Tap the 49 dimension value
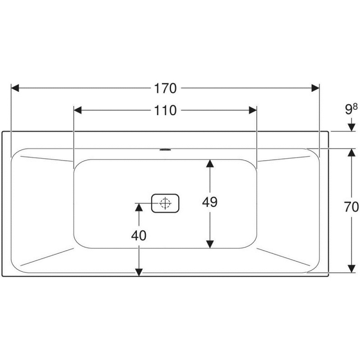209,202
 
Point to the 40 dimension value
139,236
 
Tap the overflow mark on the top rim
165,149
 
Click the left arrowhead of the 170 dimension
15,88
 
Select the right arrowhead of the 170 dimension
315,88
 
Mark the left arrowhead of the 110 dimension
78,110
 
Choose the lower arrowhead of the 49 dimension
210,244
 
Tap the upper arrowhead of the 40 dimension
139,207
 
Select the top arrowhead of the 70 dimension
351,153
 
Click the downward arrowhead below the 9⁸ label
351,127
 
